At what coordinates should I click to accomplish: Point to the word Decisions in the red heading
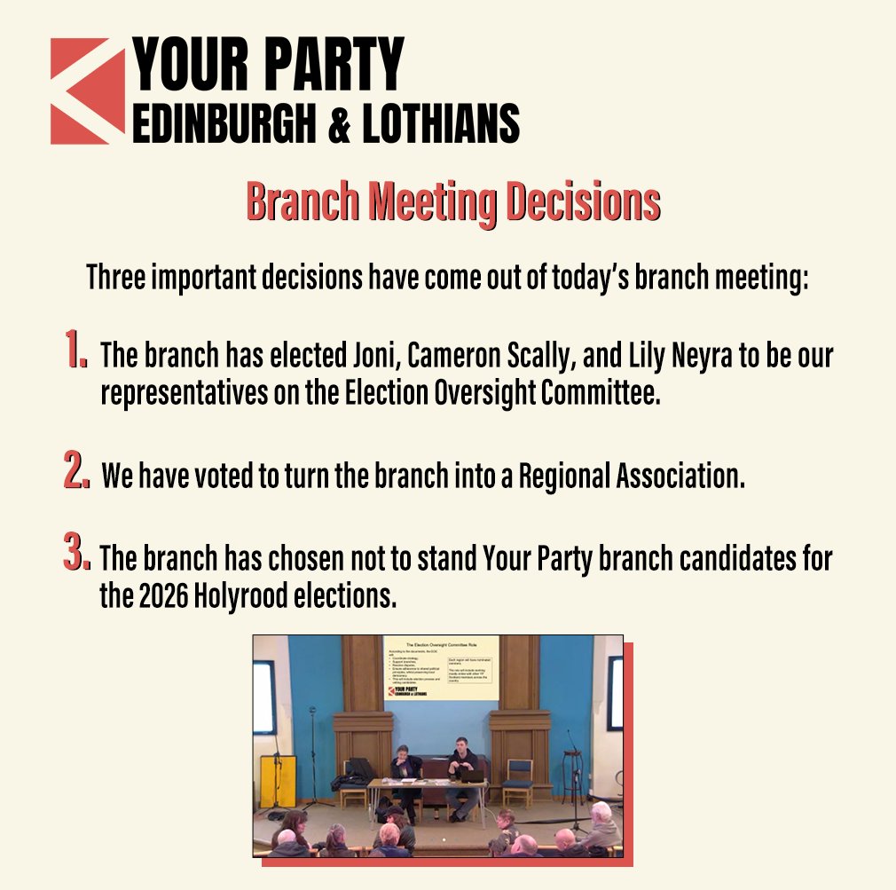pyautogui.click(x=582, y=203)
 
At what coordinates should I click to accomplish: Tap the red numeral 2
pyautogui.click(x=76, y=471)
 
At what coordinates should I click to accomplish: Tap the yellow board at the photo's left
pyautogui.click(x=278, y=780)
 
